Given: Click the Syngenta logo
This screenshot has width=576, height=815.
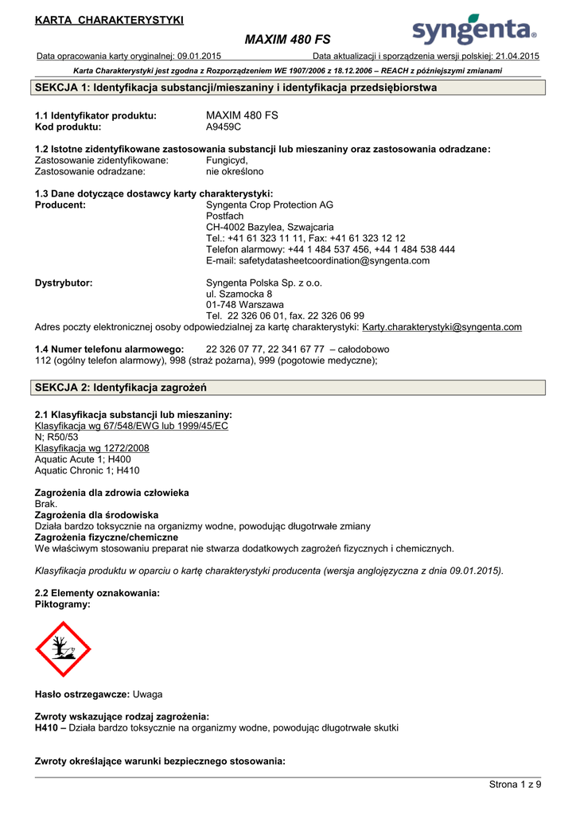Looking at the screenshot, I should [x=474, y=30].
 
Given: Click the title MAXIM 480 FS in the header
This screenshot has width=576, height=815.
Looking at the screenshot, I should [x=288, y=39].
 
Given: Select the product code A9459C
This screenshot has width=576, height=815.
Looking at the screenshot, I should [x=224, y=127].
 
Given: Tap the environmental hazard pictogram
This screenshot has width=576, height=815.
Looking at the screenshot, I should [x=64, y=649].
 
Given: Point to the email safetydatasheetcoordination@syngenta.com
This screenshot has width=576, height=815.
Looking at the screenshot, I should [x=317, y=260].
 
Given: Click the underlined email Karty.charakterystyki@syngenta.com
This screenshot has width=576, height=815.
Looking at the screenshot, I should [x=442, y=327].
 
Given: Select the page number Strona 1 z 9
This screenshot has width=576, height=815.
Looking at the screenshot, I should [x=515, y=785].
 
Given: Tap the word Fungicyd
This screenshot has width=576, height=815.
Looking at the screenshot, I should [x=227, y=160].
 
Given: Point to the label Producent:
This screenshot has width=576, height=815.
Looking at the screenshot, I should [x=60, y=205].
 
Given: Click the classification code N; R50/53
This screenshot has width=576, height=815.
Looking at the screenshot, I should [x=56, y=437].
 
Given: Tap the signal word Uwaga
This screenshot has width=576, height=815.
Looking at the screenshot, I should [x=147, y=694].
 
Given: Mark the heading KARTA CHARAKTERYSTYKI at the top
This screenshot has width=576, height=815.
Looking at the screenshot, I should [x=109, y=20].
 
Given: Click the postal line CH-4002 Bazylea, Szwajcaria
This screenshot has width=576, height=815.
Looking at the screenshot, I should [x=270, y=227].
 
